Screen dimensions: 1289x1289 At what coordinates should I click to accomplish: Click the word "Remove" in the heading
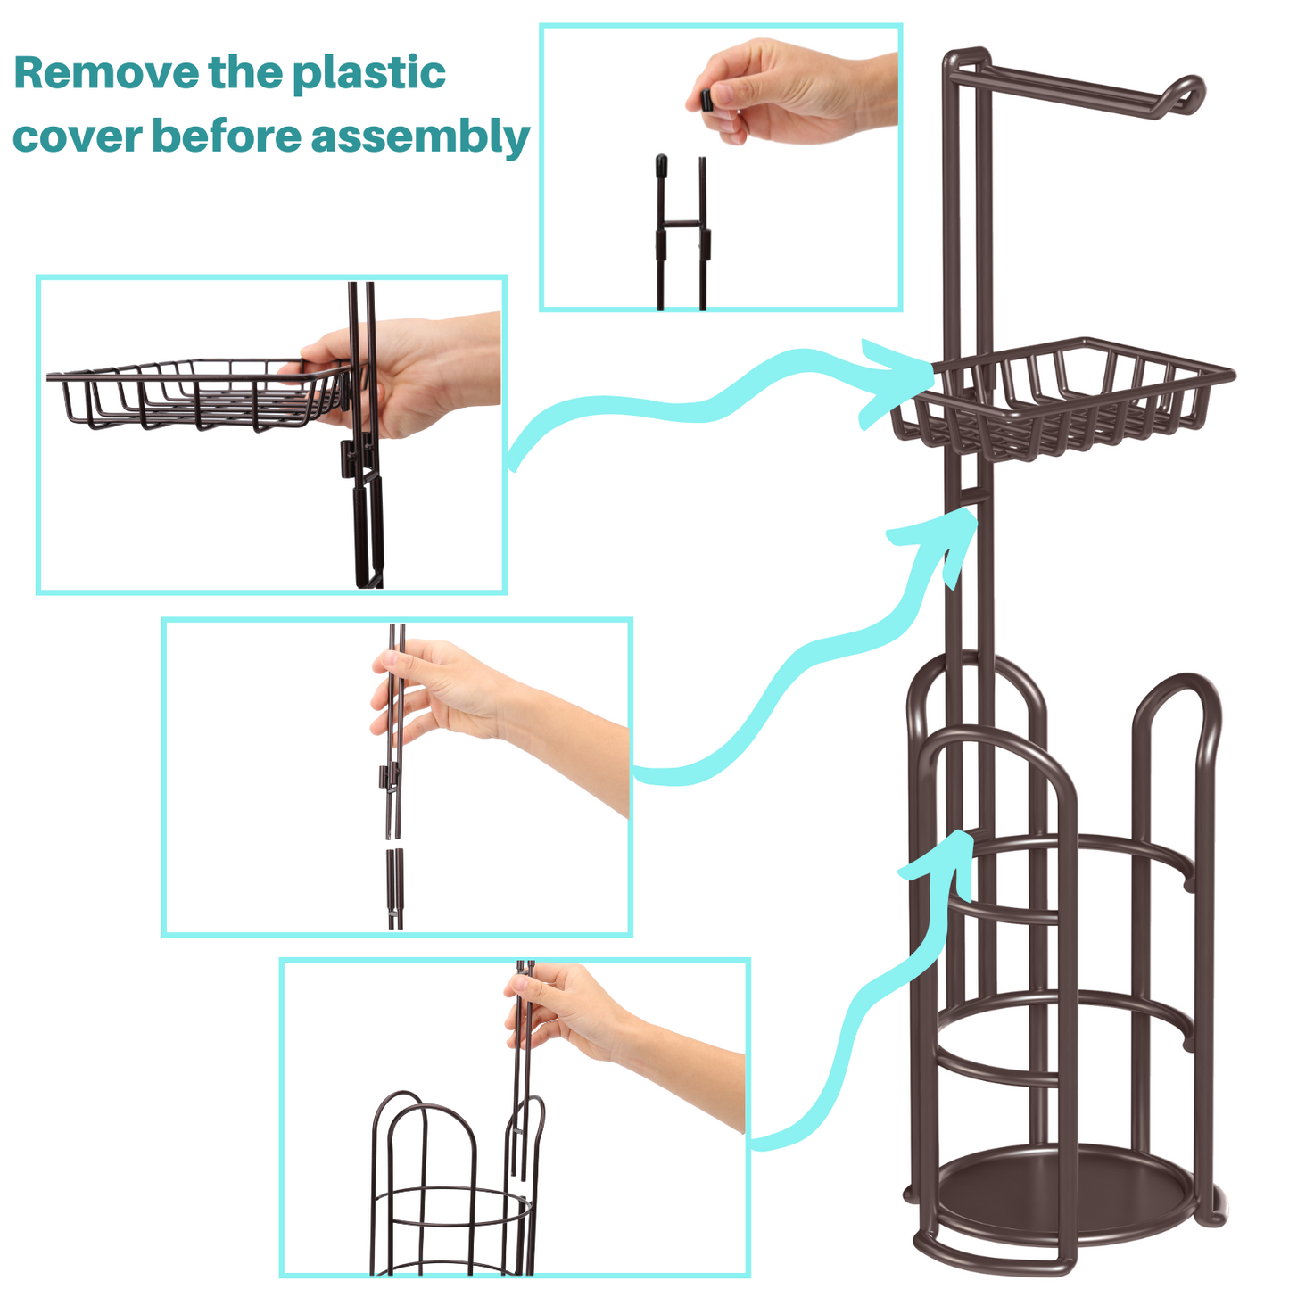point(106,72)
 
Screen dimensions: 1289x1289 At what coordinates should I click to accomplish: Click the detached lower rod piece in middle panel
point(395,888)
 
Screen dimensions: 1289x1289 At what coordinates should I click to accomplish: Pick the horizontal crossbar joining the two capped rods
point(682,223)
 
